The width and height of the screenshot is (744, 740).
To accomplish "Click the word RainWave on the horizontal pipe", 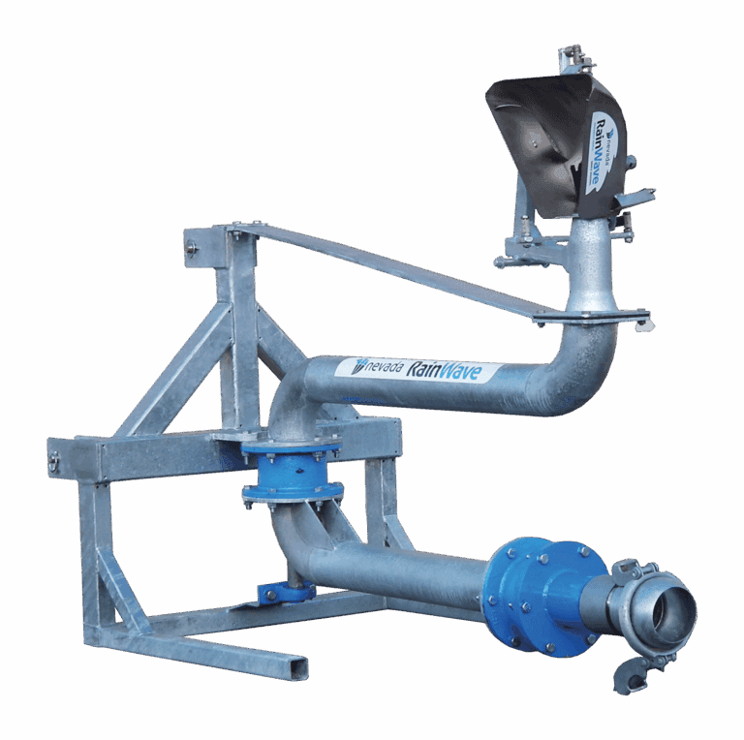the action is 445,370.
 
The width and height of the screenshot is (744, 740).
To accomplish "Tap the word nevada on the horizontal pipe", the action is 377,366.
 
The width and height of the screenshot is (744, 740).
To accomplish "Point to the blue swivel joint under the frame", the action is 293,474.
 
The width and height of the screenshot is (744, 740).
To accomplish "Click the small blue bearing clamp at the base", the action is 285,594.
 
